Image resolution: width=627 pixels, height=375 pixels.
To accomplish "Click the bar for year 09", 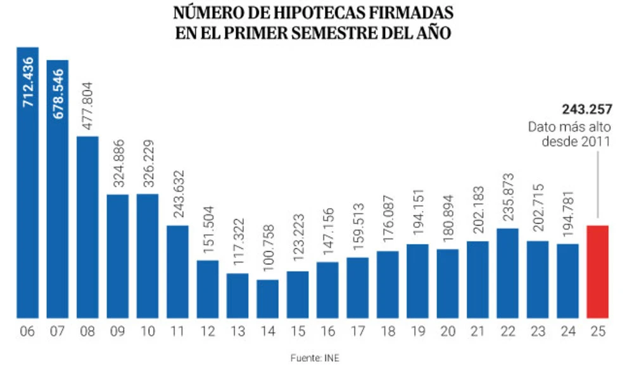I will coord(118,255).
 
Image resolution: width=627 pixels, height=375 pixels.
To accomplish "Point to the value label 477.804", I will coord(87,107).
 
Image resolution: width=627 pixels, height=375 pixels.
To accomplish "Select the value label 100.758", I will coord(268,250).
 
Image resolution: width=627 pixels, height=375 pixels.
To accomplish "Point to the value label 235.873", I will coord(508,197).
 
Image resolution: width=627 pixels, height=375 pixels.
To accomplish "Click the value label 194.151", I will coord(418,214).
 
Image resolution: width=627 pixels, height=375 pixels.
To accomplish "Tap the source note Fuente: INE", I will coord(313,359).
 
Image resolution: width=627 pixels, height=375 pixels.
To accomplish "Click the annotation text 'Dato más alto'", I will coord(570,127).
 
